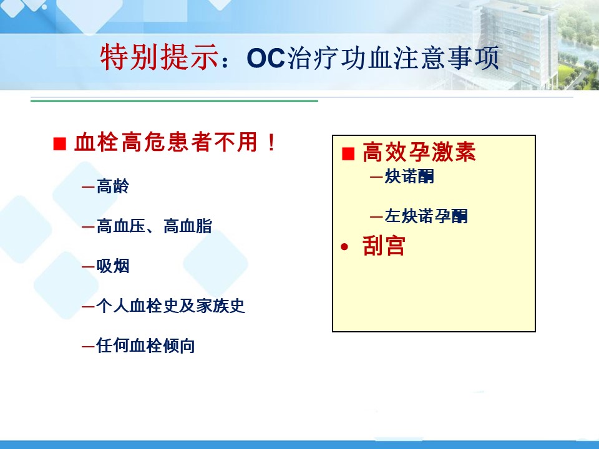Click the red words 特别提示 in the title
(160, 58)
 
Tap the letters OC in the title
(266, 59)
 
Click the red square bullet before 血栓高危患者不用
(60, 143)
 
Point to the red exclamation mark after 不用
(271, 142)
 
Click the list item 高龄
(113, 186)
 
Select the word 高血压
(120, 226)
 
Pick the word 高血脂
(188, 226)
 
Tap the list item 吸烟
(113, 266)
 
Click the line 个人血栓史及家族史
(170, 306)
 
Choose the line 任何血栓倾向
(145, 345)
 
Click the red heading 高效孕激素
(419, 152)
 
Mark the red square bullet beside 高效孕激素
(348, 154)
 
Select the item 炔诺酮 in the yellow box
(409, 176)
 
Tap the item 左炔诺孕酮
(426, 216)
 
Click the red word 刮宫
(384, 245)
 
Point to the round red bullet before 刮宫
(344, 248)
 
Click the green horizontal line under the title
(174, 101)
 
